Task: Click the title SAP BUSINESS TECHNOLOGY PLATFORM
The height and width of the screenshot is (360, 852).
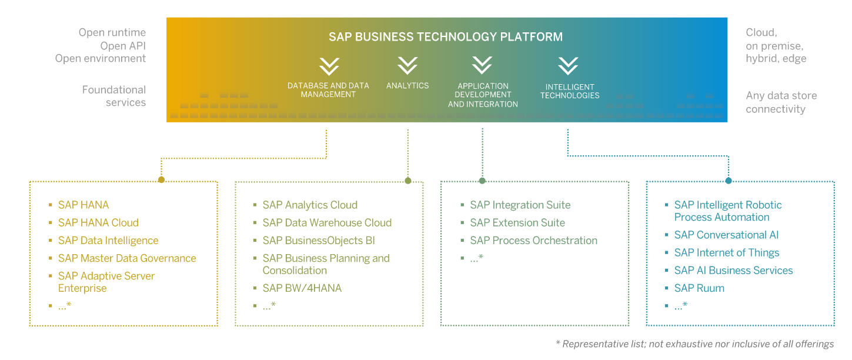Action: [446, 37]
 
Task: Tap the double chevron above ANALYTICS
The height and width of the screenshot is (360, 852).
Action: [407, 65]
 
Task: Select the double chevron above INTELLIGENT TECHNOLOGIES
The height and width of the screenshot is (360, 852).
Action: [568, 66]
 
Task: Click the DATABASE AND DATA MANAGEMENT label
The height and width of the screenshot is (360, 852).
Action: [328, 90]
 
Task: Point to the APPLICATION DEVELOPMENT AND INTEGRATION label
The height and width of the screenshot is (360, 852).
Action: [483, 95]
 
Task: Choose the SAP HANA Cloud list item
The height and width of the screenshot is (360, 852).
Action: [98, 223]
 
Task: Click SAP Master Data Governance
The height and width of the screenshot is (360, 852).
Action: [127, 258]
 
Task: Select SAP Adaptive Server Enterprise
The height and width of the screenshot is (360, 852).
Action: [106, 282]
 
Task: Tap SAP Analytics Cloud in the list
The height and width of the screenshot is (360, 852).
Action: [310, 205]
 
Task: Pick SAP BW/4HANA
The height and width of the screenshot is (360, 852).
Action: [302, 288]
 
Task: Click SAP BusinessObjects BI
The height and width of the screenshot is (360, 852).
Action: [319, 241]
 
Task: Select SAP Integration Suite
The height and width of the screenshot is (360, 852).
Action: [520, 205]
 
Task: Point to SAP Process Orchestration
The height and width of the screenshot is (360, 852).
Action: [533, 241]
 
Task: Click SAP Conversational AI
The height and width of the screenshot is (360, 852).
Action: [726, 235]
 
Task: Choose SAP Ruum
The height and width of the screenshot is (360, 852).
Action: [699, 288]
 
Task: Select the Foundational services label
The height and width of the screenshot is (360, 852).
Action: [114, 96]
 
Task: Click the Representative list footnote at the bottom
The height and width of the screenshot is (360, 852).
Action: [694, 344]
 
